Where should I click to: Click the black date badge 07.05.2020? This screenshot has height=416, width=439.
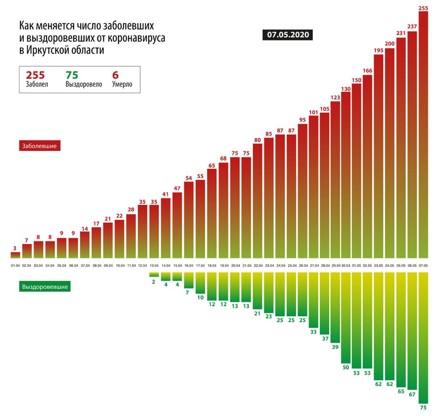click(288, 35)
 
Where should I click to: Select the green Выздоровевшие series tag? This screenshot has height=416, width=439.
click(45, 286)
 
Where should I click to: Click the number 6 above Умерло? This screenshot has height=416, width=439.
click(114, 75)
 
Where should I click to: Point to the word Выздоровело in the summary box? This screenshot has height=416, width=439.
click(84, 85)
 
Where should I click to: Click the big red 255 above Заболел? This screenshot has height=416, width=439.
click(36, 75)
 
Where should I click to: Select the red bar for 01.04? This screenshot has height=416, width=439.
click(15, 255)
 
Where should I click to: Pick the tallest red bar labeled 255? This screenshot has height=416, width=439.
click(423, 133)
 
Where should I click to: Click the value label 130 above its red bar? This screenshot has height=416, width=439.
click(346, 89)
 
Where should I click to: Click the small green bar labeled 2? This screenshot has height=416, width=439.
click(154, 274)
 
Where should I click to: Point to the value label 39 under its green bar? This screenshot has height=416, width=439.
click(335, 347)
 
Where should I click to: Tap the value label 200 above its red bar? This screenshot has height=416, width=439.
click(390, 44)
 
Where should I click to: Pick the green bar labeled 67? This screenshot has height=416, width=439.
click(412, 330)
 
